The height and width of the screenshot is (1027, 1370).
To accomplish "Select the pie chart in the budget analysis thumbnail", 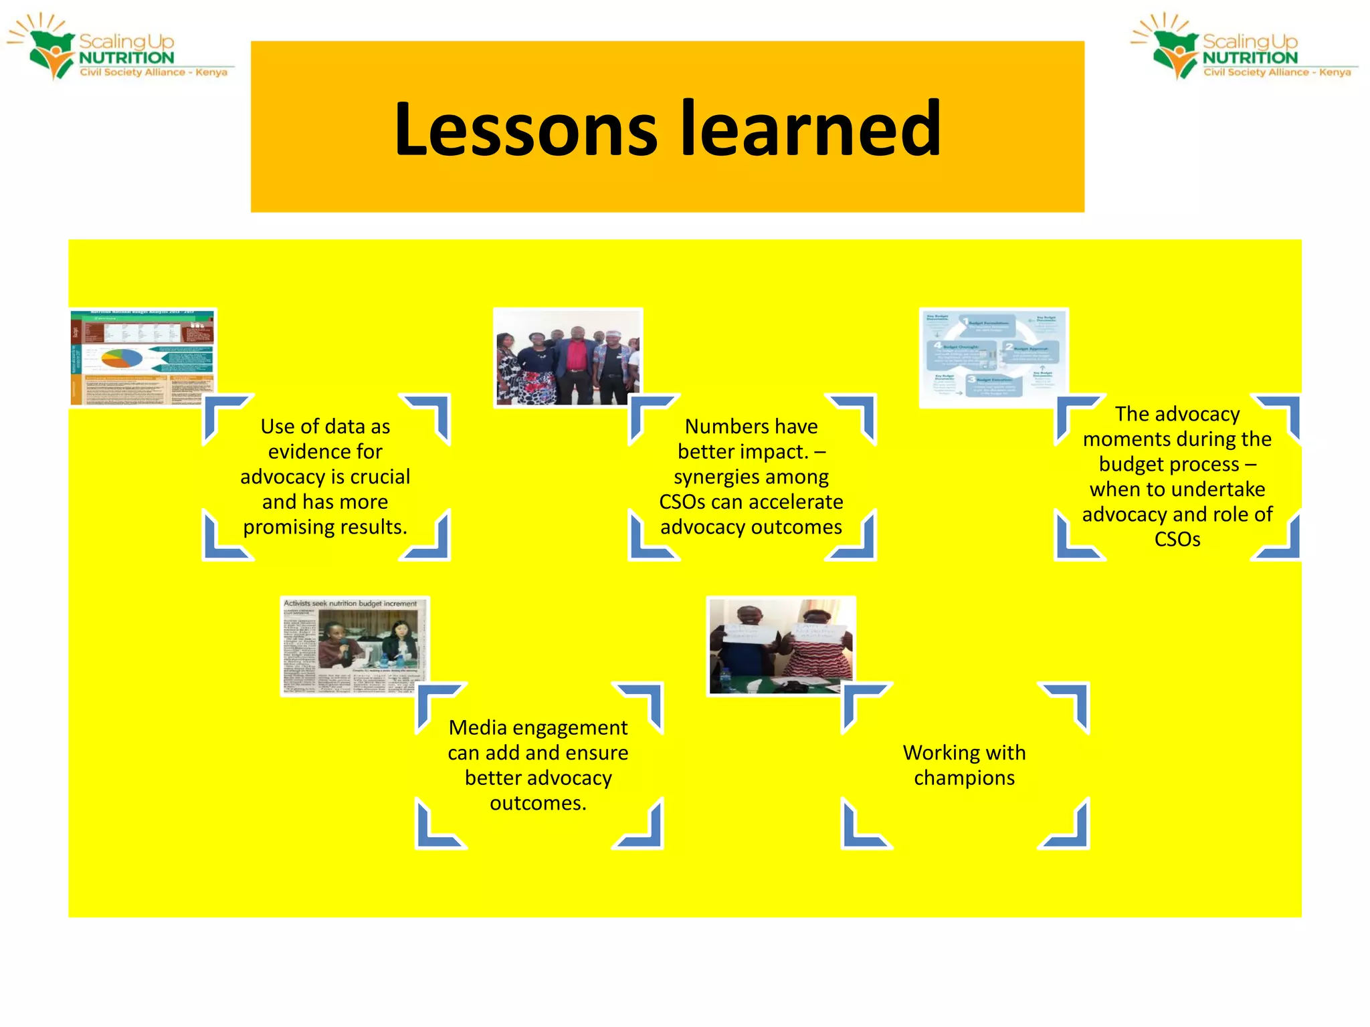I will [121, 359].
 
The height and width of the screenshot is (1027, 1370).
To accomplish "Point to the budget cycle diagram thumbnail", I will [993, 358].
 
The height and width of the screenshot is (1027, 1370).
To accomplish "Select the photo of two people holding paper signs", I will [781, 645].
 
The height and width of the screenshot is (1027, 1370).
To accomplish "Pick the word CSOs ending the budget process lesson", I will [1177, 539].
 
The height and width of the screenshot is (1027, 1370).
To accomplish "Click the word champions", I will [964, 778].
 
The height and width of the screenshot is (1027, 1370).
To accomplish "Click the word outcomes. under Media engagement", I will [538, 803].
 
